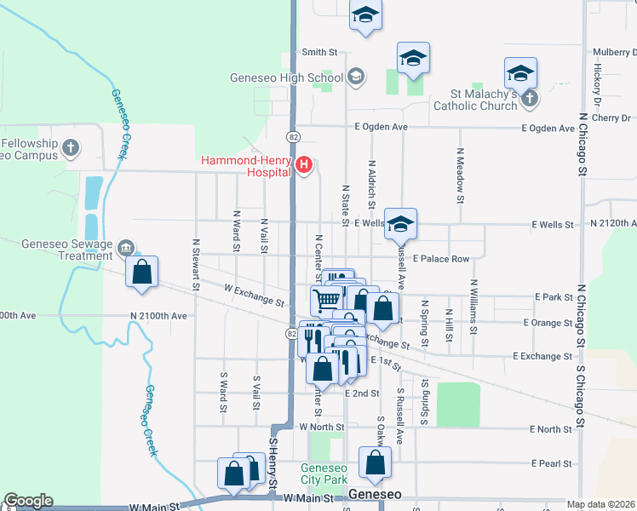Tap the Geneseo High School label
[286, 78]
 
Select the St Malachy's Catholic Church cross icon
[529, 98]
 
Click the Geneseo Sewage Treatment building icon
[126, 248]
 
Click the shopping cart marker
[326, 299]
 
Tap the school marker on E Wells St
[400, 225]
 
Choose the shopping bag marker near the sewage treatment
[142, 273]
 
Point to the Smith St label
[319, 52]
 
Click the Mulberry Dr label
[614, 52]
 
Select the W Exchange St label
[254, 295]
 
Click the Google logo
[28, 501]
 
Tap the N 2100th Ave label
[158, 316]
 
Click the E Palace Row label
[441, 258]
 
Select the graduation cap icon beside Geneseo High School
[355, 78]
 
